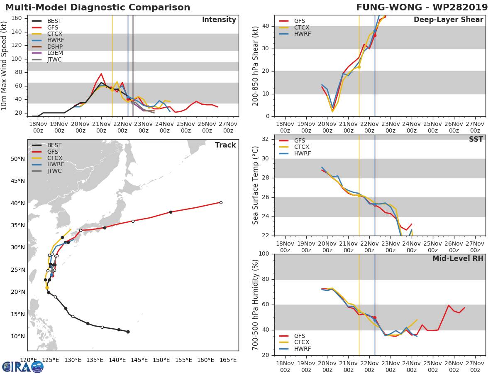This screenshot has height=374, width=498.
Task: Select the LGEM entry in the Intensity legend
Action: click(55, 53)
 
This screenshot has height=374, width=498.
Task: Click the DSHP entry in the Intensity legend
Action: click(55, 46)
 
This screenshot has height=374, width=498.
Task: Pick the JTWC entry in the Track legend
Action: click(54, 171)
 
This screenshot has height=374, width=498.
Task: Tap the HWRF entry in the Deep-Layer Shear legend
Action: click(302, 34)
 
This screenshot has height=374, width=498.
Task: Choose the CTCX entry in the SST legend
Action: click(302, 147)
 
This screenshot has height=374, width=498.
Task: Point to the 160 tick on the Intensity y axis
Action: click(16, 18)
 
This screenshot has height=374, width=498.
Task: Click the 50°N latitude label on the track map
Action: click(17, 159)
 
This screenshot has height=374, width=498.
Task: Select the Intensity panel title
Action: click(219, 20)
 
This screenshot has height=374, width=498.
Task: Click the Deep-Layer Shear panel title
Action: click(448, 20)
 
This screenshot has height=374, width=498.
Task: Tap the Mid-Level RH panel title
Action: click(457, 259)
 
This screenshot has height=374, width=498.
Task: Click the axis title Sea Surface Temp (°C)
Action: click(256, 185)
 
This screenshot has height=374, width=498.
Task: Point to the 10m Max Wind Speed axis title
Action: click(5, 66)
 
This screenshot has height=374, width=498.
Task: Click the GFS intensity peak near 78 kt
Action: click(101, 74)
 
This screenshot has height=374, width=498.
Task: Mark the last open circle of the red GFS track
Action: click(221, 202)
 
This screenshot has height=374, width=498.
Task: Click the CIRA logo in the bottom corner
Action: click(23, 367)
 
